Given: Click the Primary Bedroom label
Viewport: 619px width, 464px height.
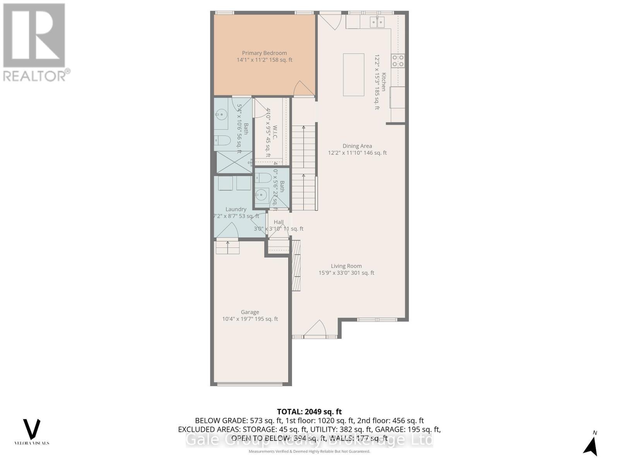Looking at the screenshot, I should coord(264,53).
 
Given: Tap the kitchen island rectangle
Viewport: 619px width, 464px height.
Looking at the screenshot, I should coord(354,75).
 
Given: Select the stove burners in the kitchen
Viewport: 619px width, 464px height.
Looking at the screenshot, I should coord(398,61).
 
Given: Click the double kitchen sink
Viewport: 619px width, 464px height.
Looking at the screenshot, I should coord(377,22).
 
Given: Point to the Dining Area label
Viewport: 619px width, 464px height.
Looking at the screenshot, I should coord(357,146).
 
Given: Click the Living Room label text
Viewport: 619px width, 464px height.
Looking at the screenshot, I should coord(346,266).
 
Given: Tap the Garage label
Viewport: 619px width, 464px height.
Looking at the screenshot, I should coord(250,312).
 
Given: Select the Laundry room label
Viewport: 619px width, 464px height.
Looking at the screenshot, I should coord(236,209).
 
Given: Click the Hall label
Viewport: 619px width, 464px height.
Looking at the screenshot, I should coord(279,222).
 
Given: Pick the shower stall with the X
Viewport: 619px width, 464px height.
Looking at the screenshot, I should coord(233,162).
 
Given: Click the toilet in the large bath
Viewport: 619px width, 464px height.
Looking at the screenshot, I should coord(223,141).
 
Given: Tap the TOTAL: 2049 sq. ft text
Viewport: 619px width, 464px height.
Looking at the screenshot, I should coord(309,412).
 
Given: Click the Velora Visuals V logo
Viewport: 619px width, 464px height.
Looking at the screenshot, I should coord(32,429).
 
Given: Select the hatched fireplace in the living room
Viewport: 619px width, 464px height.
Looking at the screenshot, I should coord(296,266).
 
